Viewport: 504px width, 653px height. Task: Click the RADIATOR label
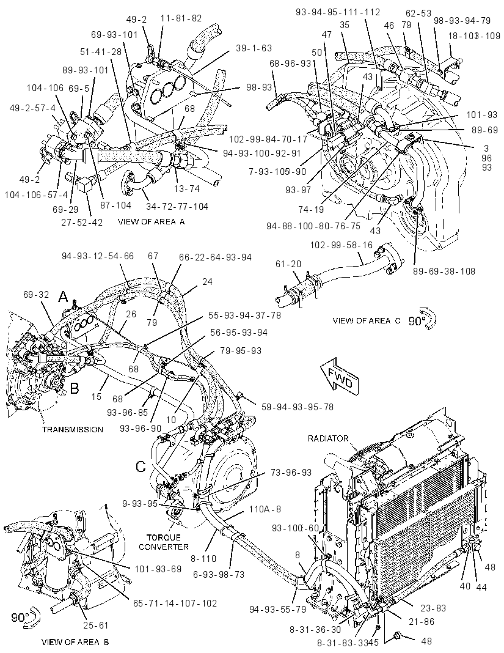(x=328, y=438)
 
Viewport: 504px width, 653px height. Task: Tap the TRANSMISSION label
(x=73, y=429)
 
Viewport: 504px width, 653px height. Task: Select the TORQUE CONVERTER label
(x=164, y=542)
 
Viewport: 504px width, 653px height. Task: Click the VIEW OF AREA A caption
(x=151, y=221)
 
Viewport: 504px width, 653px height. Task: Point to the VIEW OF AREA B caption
(x=75, y=642)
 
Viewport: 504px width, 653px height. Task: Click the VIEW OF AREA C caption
(x=367, y=320)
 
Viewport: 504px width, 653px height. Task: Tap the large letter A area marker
(x=63, y=297)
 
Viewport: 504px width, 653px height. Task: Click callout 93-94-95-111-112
(x=338, y=12)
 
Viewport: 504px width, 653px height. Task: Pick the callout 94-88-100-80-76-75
(x=313, y=226)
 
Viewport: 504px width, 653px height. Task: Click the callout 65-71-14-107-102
(x=175, y=603)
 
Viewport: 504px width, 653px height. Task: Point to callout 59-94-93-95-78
(x=298, y=407)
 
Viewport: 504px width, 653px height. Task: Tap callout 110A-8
(x=265, y=509)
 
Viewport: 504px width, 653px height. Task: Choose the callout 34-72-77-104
(x=177, y=207)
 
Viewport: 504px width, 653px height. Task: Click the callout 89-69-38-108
(x=444, y=271)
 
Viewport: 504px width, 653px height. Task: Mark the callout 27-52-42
(x=82, y=222)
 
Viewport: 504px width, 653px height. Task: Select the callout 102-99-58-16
(x=341, y=245)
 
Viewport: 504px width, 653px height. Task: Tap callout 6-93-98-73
(x=219, y=575)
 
